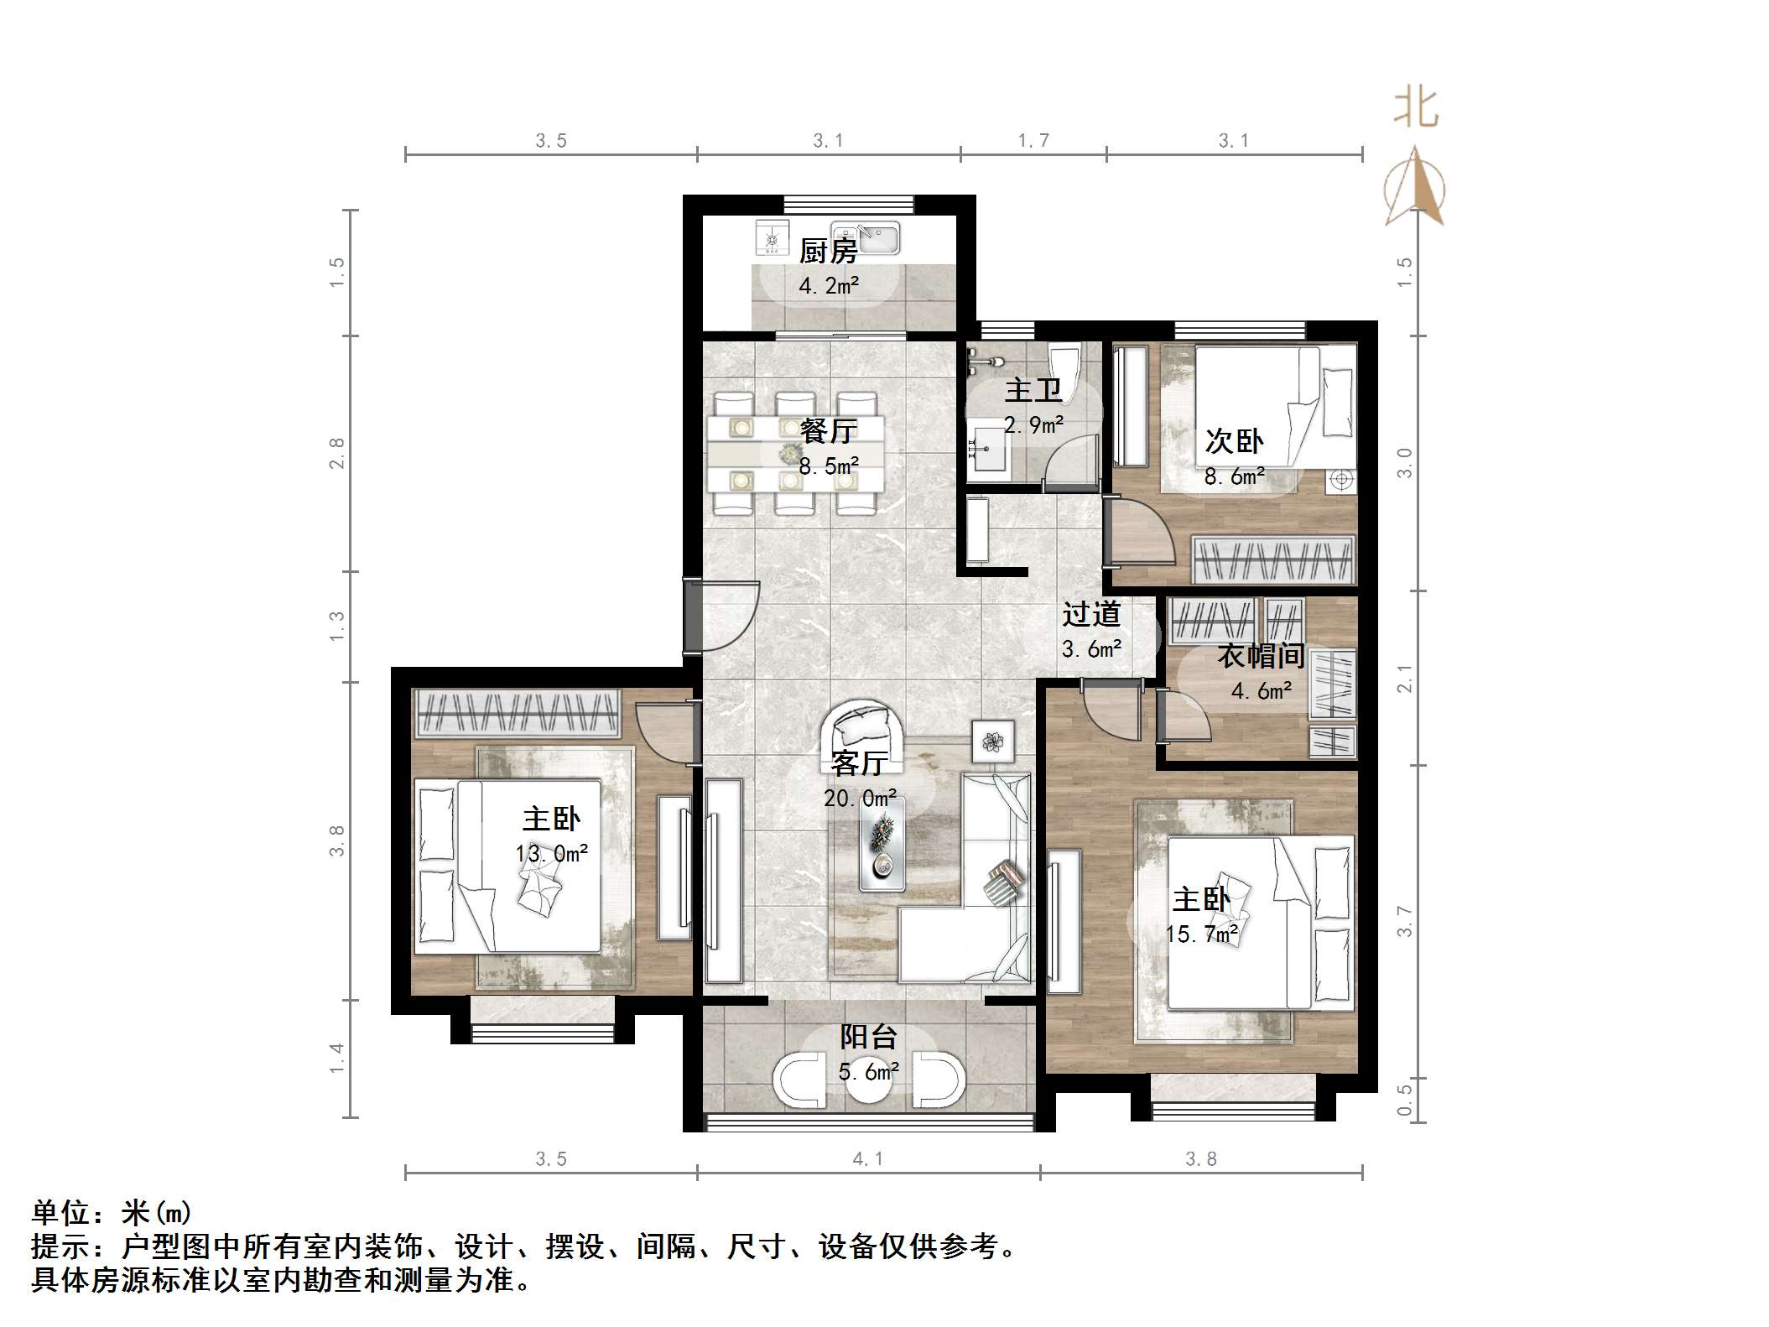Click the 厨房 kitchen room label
[827, 250]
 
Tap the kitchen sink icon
[865, 238]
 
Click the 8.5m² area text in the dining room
[829, 466]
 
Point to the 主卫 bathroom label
[1033, 390]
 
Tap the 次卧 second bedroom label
[1233, 441]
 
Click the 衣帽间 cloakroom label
[1260, 655]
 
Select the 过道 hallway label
[1090, 614]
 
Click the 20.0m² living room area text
[860, 798]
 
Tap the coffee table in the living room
[882, 844]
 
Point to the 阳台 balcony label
[868, 1037]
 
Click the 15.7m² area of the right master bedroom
[1202, 934]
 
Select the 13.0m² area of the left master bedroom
[551, 854]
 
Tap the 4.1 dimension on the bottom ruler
[867, 1159]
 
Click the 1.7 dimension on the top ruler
[1033, 141]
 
